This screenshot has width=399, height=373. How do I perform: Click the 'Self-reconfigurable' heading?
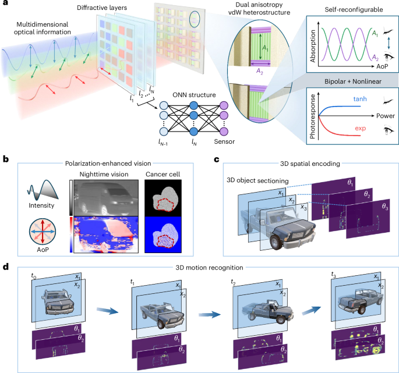[349, 10]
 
